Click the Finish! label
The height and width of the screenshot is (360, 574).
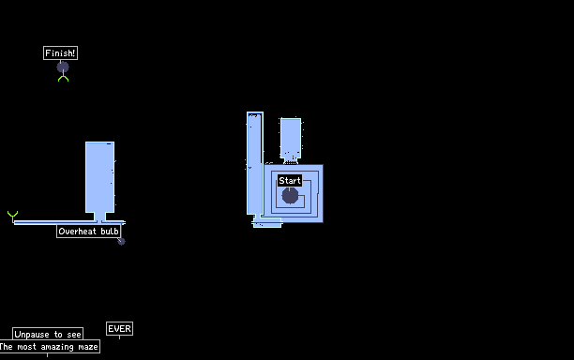(x=60, y=53)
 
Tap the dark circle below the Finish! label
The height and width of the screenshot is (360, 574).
(x=63, y=67)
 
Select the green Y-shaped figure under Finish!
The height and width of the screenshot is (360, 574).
(x=64, y=77)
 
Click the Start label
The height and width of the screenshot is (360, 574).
(x=290, y=180)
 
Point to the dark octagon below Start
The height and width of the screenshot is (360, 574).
(x=290, y=195)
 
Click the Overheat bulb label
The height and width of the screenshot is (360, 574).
(x=88, y=232)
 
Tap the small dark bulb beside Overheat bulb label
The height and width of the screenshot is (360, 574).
(x=121, y=241)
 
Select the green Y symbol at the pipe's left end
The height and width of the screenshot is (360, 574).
(x=12, y=217)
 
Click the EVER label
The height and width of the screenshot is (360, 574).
(x=119, y=328)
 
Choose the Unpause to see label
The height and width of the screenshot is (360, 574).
(x=48, y=334)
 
